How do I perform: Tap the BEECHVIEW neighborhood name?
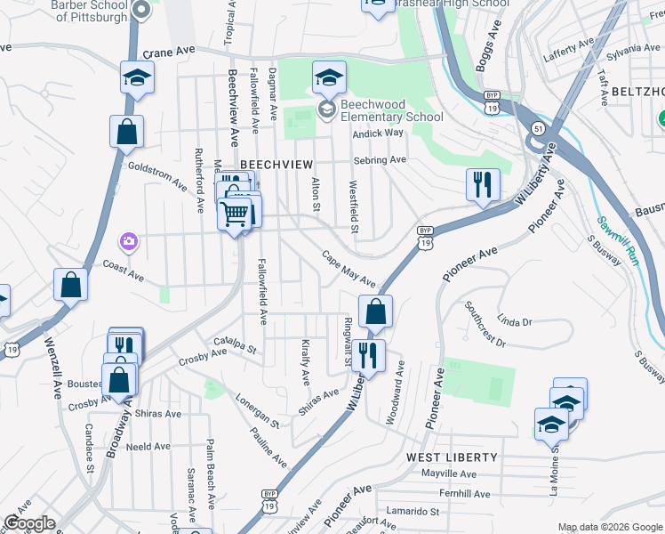pos(276,165)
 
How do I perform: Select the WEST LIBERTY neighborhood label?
pos(452,457)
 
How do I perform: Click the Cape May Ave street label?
pos(349,267)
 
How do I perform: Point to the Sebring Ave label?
pos(380,160)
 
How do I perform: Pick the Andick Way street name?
pos(378,133)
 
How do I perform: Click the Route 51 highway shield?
pos(539,129)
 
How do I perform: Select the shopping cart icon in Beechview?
pos(235,213)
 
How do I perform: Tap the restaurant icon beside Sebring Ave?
pos(480,184)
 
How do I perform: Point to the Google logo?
pos(29,523)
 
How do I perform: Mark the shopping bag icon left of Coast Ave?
pos(70,286)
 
